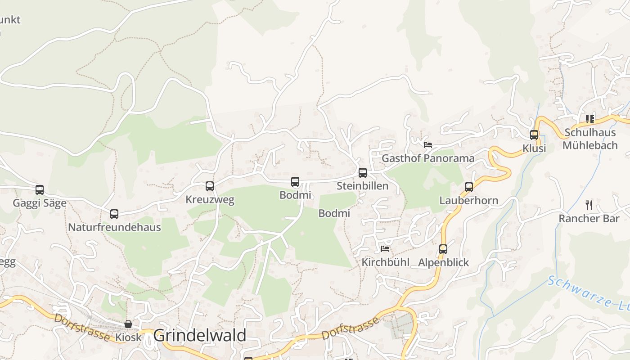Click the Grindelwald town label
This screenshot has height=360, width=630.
[x=200, y=336]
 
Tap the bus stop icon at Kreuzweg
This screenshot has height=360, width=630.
[x=210, y=186]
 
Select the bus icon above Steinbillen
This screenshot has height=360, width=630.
[x=363, y=173]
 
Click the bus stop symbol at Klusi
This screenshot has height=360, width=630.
[x=534, y=135]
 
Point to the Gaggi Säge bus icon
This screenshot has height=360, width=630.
[x=40, y=190]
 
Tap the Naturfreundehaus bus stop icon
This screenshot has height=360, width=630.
[x=114, y=214]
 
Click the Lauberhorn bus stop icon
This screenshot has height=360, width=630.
[x=469, y=187]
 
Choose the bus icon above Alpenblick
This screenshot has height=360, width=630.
[x=443, y=249]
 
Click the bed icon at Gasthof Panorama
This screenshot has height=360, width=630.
[x=428, y=145]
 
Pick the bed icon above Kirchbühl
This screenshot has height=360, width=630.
[x=385, y=249]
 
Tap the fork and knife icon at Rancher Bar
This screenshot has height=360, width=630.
[x=589, y=205]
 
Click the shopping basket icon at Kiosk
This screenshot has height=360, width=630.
[x=128, y=324]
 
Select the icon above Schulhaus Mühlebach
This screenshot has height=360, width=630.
[x=589, y=119]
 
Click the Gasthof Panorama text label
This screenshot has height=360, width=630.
[x=428, y=158]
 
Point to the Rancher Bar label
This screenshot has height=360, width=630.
[x=589, y=219]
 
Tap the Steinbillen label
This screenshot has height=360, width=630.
[x=363, y=186]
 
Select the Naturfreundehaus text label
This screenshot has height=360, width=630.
[x=114, y=227]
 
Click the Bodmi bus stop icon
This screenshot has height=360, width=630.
[x=295, y=182]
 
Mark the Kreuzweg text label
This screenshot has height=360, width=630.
[x=210, y=200]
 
